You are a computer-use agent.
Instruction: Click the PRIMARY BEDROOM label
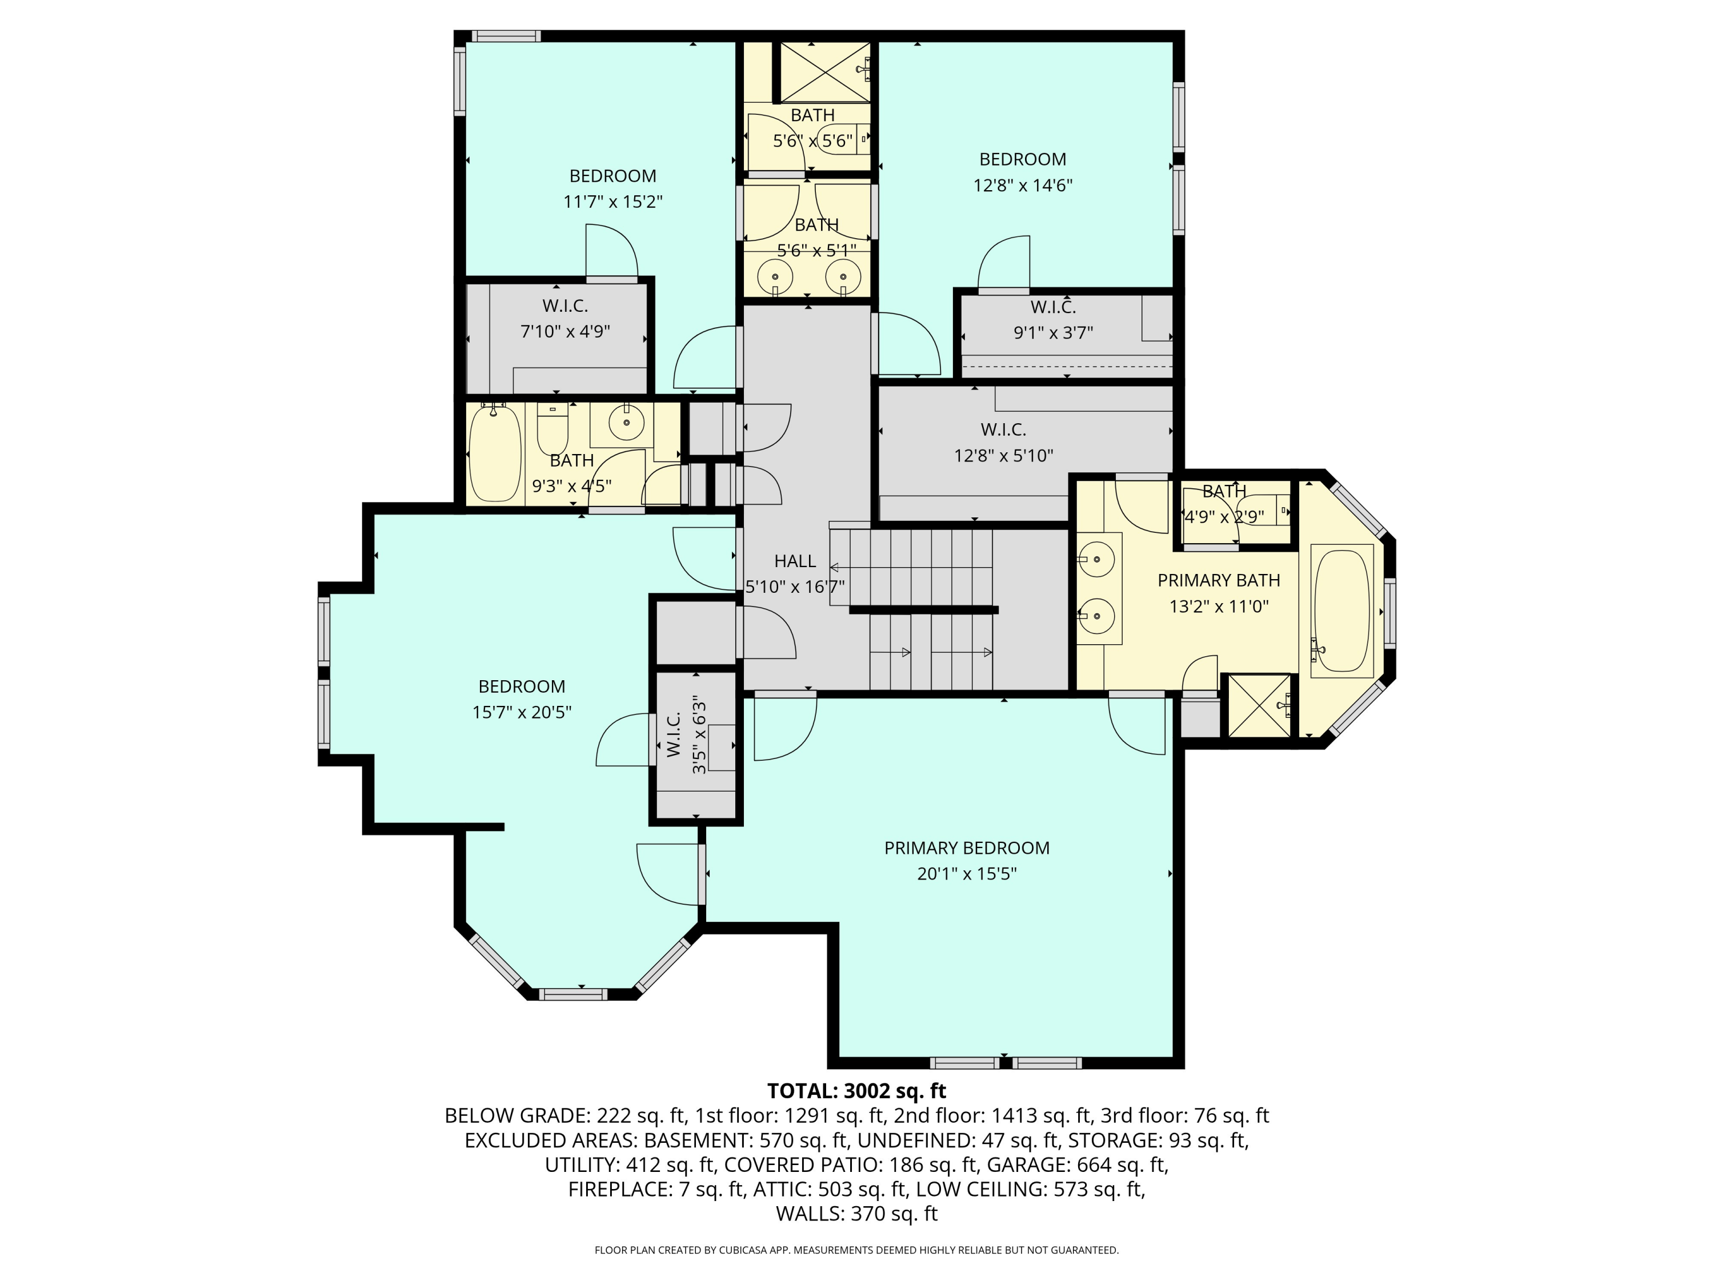coord(966,848)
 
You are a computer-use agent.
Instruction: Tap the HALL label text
coord(795,561)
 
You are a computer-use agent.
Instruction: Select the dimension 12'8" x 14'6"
coord(1022,185)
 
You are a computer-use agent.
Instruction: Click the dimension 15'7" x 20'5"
coord(522,712)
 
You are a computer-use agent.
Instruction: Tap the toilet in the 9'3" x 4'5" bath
coord(552,431)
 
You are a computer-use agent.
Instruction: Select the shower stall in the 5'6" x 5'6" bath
coord(824,72)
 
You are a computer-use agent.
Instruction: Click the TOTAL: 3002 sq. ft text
coord(856,1091)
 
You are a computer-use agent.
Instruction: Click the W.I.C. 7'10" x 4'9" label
coord(565,318)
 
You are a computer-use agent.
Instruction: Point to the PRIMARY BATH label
coord(1218,580)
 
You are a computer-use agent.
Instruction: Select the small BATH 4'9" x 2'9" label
coord(1224,504)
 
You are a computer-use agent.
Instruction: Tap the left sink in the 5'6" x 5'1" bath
coord(775,275)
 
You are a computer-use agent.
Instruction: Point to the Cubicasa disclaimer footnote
coord(856,1250)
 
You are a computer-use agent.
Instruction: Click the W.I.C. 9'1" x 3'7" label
coord(1052,319)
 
